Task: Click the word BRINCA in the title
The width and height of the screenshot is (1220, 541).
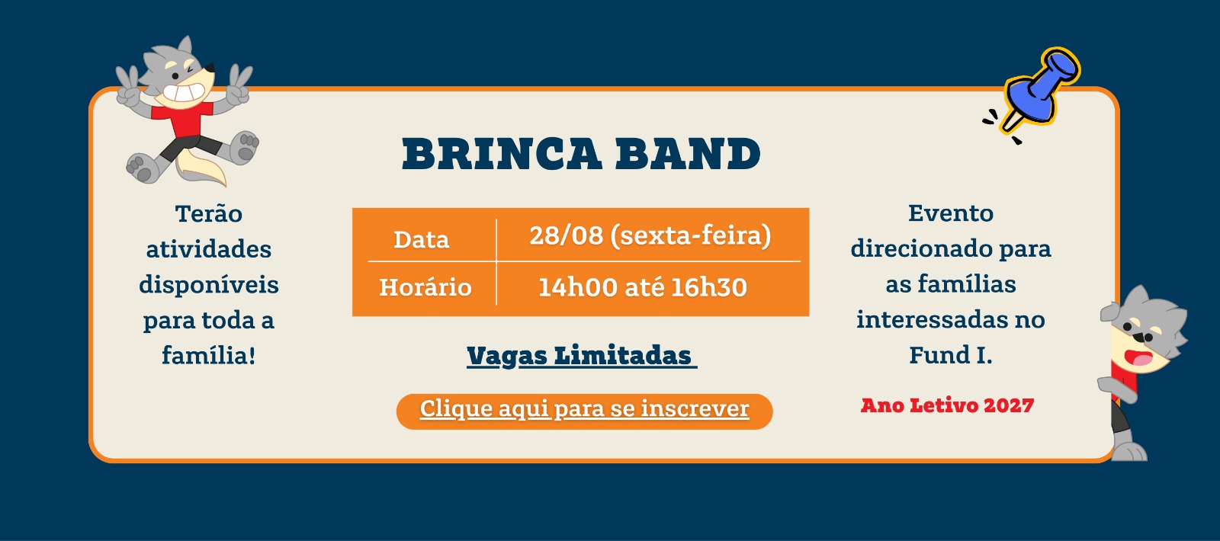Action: [x=502, y=154]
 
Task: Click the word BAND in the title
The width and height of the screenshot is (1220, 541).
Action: [x=688, y=154]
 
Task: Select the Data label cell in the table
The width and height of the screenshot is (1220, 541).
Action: [x=422, y=239]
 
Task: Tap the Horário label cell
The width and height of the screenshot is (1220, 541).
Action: [x=425, y=287]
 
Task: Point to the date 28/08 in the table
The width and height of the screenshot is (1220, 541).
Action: [x=567, y=235]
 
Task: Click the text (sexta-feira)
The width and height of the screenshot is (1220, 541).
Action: [x=691, y=236]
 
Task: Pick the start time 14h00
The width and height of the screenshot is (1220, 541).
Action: [x=578, y=287]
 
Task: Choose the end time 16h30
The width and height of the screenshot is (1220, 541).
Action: [x=708, y=287]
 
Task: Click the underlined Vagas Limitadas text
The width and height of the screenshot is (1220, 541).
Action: [x=582, y=356]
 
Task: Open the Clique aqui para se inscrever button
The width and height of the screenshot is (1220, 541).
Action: [x=584, y=411]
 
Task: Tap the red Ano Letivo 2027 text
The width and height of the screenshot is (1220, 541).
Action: [x=947, y=405]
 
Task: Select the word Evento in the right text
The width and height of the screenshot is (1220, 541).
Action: [x=951, y=213]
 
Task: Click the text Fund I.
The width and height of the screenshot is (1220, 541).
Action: [x=951, y=355]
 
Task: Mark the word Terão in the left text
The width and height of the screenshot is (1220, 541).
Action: [x=209, y=213]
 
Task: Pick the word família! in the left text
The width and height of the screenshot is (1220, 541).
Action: [x=209, y=355]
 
